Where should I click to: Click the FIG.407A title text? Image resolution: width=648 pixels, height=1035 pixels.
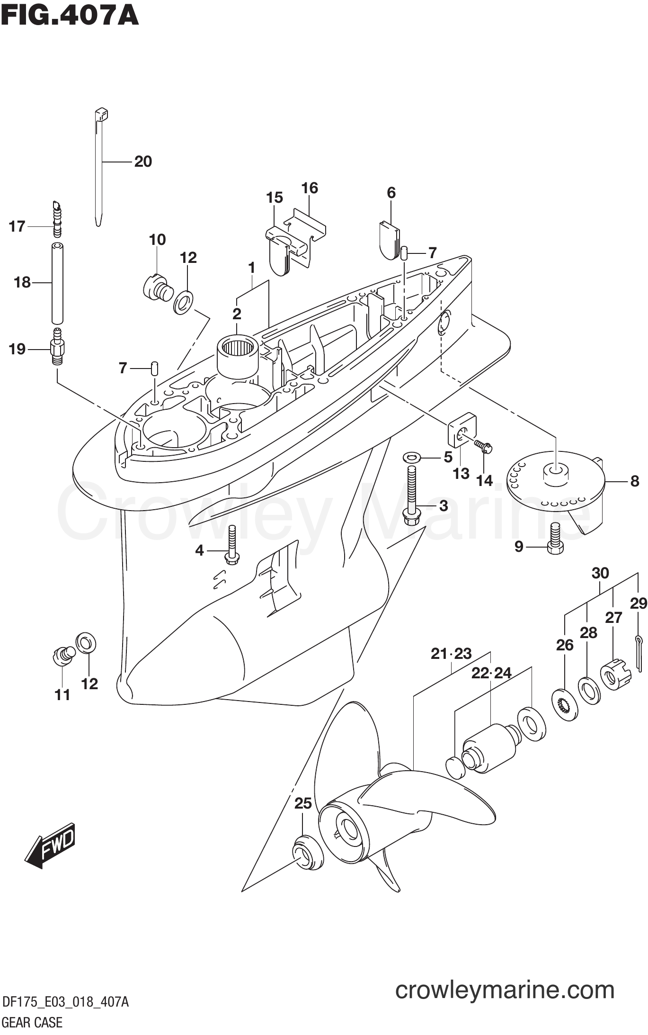[70, 15]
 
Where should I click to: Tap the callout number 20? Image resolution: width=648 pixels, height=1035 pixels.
[143, 162]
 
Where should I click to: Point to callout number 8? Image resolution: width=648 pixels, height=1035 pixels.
[634, 481]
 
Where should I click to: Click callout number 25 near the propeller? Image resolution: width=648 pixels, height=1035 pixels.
[303, 803]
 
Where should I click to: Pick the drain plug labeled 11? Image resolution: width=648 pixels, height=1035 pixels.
[62, 656]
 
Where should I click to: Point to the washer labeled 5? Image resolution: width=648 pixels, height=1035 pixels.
[412, 458]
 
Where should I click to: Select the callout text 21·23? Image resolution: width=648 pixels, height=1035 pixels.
[451, 654]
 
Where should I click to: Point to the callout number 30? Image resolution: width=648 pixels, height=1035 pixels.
[600, 573]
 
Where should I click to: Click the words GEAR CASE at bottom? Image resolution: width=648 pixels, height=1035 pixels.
[32, 1022]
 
